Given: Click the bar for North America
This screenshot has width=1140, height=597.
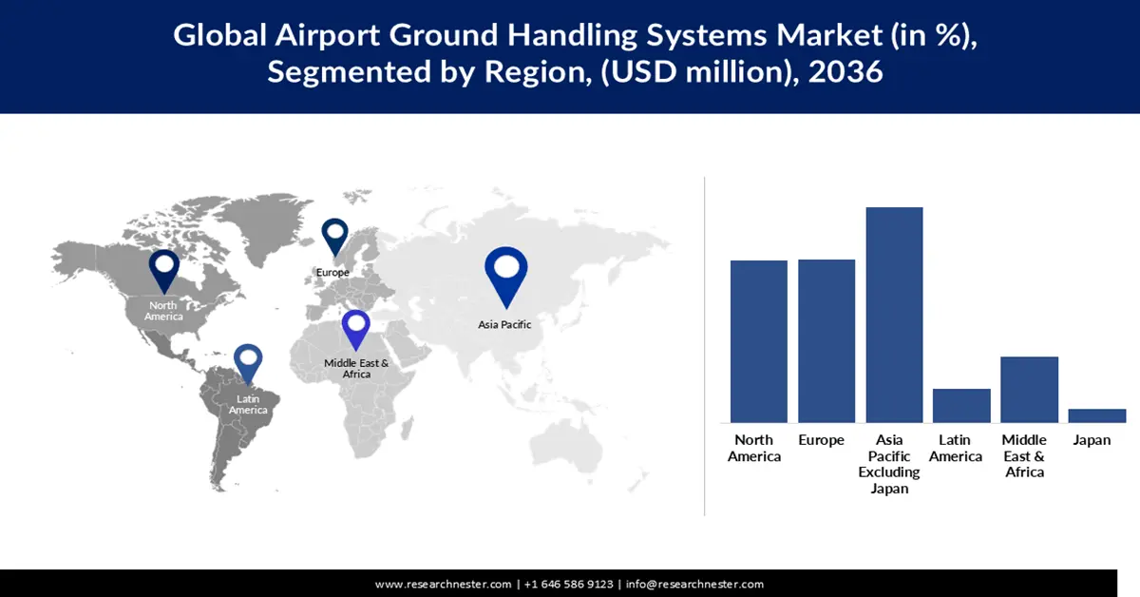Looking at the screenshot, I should (758, 341).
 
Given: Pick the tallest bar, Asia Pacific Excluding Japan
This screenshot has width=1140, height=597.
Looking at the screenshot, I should (894, 315).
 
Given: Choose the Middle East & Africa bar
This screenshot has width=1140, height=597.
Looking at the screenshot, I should (1029, 390).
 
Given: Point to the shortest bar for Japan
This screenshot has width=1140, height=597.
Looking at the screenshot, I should (1096, 415).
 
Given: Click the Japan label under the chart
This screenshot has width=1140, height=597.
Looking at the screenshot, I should (1092, 440).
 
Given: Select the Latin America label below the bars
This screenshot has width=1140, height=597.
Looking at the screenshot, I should (955, 449).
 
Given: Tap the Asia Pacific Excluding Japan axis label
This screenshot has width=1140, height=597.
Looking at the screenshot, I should (889, 464).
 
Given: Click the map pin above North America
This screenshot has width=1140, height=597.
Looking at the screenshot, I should (163, 268).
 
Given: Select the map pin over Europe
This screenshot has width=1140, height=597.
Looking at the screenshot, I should (334, 235).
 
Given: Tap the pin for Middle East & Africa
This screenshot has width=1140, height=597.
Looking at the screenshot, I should (356, 329).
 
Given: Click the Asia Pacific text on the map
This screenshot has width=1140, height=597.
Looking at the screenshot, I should (504, 324).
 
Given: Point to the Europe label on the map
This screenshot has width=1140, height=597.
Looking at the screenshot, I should (332, 272).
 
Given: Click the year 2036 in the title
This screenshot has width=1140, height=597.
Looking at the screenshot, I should (845, 72).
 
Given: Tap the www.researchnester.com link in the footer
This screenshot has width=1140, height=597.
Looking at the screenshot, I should (443, 584).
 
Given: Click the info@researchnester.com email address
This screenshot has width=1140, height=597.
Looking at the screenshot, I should (694, 584).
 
